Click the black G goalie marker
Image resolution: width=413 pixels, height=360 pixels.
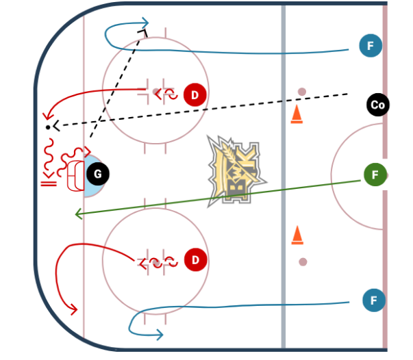click(97, 175)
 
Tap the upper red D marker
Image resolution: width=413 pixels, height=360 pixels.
click(195, 94)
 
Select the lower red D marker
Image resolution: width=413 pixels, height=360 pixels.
click(196, 260)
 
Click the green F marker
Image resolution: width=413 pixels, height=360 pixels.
click(375, 175)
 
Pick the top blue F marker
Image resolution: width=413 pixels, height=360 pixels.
click(371, 47)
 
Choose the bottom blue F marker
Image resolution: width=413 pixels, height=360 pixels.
click(373, 300)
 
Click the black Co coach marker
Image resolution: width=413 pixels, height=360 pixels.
click(377, 105)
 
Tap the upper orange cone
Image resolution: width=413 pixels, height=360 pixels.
click(297, 115)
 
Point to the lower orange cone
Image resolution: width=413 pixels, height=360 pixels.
click(297, 235)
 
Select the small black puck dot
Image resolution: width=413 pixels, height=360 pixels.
click(47, 127)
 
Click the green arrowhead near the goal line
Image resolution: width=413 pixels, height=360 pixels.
click(78, 215)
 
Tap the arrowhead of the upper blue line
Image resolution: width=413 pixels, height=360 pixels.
click(145, 25)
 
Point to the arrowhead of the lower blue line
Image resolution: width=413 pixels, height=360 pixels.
click(159, 334)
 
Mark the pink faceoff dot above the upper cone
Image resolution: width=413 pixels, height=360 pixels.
click(301, 91)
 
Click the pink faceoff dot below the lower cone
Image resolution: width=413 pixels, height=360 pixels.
click(303, 261)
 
